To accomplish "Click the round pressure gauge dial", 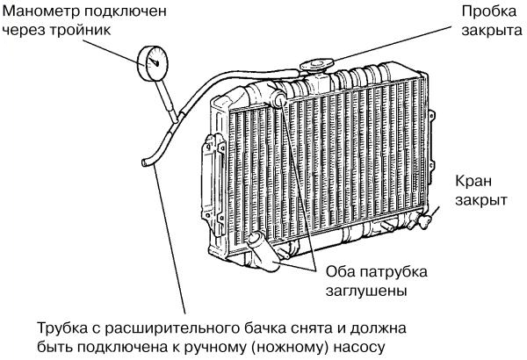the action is pos(153,63).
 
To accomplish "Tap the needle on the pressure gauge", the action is pos(155,61).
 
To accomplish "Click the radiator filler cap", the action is pos(316,65).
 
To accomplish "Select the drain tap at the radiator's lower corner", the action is pos(425,221).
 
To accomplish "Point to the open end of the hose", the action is pos(145,162).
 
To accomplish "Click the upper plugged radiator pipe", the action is pos(278,99).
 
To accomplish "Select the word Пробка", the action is pos(489,11).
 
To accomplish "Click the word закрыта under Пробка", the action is pos(492,30).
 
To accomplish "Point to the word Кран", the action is pos(473,181).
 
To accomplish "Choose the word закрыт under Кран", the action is pos(481,200).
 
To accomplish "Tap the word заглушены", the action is pos(366,291).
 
